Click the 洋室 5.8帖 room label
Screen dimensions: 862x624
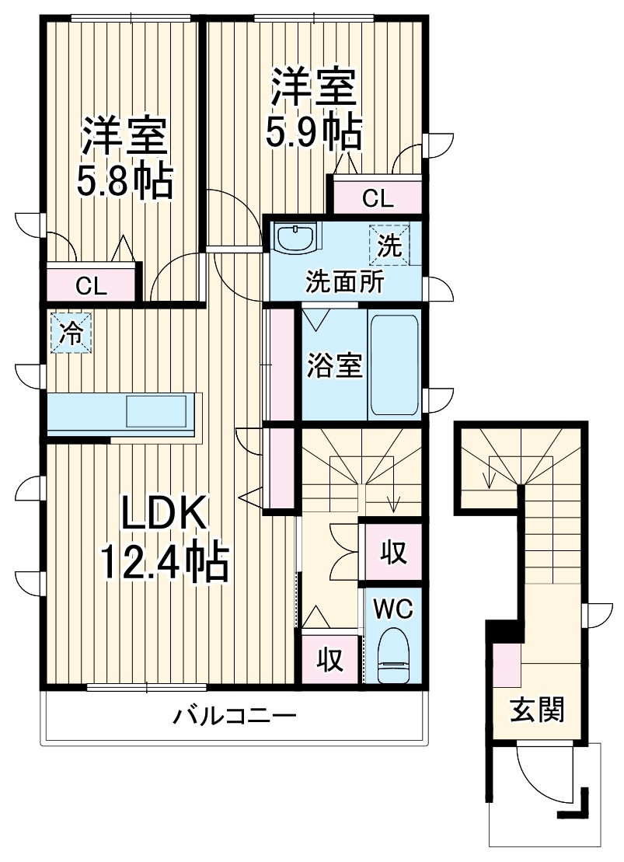point(124,159)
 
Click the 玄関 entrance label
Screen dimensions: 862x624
point(537,709)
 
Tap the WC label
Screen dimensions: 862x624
point(393,607)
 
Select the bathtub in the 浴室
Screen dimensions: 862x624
point(394,365)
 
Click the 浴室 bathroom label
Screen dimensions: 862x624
point(335,365)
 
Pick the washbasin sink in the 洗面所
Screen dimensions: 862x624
point(296,238)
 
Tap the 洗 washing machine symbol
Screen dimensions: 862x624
point(389,245)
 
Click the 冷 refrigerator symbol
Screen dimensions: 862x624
point(71,333)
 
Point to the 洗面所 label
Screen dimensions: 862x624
point(343,281)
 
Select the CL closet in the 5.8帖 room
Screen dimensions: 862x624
point(92,285)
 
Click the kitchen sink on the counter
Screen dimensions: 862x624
point(156,410)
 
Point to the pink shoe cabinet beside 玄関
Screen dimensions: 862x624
point(507,665)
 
